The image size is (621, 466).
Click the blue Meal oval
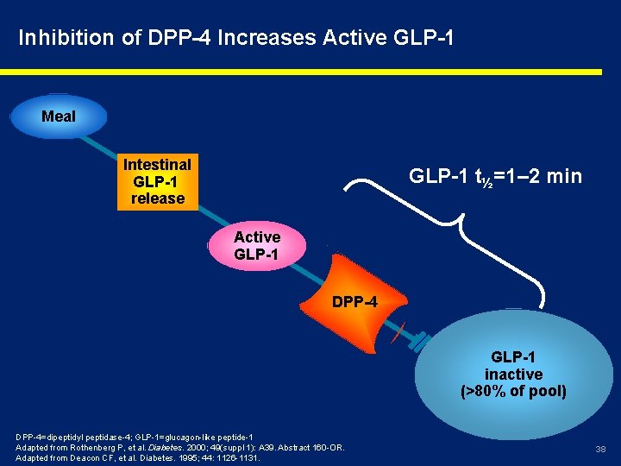(59, 116)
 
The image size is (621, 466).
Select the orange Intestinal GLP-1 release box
(158, 181)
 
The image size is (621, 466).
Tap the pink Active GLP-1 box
(257, 245)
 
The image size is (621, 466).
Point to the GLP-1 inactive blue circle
(513, 371)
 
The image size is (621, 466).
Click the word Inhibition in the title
(54, 38)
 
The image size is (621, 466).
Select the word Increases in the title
(267, 38)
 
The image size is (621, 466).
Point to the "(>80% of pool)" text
(514, 392)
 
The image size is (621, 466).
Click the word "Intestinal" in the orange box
(158, 164)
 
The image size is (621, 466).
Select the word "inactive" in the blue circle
(514, 375)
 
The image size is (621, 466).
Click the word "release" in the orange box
(158, 198)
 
